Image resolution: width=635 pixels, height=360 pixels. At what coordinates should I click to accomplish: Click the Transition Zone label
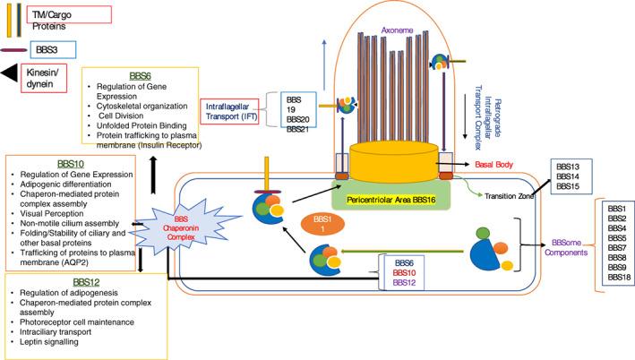pos(510,195)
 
